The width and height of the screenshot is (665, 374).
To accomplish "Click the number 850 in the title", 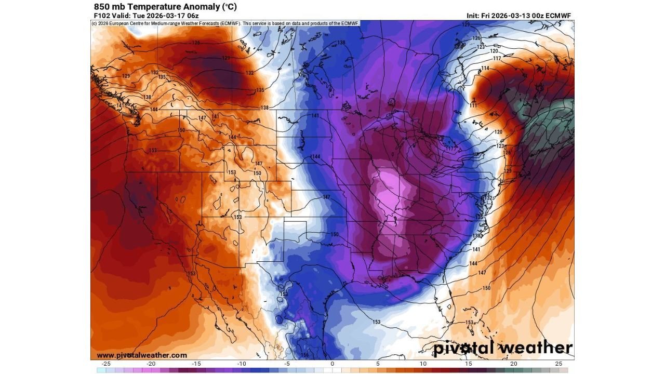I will (102, 7).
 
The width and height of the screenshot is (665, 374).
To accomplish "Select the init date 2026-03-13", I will (508, 16).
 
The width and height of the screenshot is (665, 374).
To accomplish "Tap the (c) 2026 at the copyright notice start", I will (101, 23).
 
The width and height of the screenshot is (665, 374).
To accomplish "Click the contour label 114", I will (485, 69).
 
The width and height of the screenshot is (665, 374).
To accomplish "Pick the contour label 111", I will (473, 105).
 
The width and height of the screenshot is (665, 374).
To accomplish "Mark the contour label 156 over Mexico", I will (305, 355).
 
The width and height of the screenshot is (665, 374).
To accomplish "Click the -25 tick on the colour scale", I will (107, 364).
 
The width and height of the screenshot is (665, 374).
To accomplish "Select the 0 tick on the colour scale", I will (332, 364).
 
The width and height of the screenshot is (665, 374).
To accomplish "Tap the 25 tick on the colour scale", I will (558, 364).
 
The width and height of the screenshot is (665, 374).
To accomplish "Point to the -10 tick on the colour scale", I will (242, 364).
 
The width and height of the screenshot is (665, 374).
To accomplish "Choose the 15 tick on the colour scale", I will (468, 364).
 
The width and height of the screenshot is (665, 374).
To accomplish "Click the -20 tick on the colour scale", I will (152, 364).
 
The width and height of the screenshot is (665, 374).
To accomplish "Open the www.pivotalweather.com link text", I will (141, 355).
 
